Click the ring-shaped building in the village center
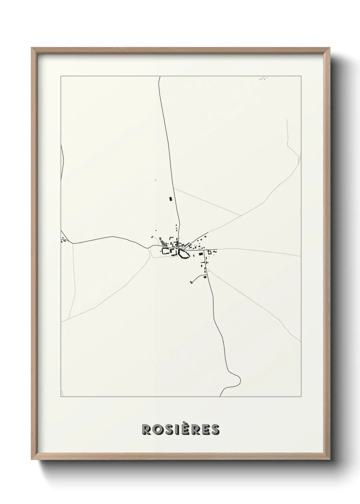click(183, 254)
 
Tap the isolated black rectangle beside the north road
click(170, 199)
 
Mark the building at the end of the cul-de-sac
click(191, 282)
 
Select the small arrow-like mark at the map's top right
click(263, 78)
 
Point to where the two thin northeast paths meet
click(241, 215)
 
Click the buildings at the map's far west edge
click(63, 241)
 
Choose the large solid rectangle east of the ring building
click(201, 253)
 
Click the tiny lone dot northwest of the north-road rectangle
click(156, 180)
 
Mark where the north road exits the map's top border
click(160, 77)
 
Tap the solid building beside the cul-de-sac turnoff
click(205, 277)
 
